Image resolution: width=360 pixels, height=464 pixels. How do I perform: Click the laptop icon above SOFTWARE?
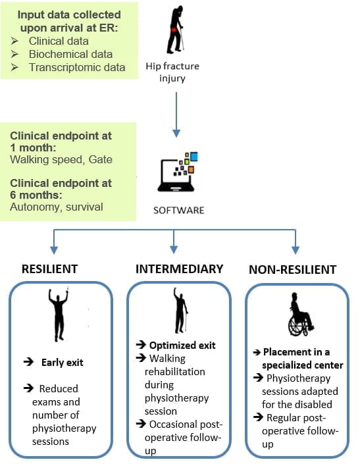178,172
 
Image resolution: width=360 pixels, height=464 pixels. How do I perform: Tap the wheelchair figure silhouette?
300,314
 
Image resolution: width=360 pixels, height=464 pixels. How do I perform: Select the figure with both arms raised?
59,315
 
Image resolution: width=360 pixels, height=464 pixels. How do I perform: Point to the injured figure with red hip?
175,30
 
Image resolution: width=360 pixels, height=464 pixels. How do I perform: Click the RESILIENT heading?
50,269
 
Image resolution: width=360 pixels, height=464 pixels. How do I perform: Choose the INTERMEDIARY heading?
179,269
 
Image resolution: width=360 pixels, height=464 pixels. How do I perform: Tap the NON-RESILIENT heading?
293,270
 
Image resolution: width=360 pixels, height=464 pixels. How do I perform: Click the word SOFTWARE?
178,210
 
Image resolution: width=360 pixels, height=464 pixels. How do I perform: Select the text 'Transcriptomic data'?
77,67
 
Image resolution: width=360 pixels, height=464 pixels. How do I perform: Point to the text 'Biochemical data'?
70,54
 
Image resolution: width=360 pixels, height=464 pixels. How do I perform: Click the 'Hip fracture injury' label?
172,72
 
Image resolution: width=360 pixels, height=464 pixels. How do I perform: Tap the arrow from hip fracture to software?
176,115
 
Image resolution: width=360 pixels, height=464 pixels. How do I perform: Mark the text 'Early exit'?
62,363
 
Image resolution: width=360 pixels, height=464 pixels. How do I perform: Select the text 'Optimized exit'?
182,346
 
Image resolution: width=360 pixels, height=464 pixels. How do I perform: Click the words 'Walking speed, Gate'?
61,159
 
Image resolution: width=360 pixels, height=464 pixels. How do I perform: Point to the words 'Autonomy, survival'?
57,207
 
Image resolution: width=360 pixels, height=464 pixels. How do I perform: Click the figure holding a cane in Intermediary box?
180,310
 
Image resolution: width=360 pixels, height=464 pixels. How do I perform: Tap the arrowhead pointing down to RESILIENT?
54,249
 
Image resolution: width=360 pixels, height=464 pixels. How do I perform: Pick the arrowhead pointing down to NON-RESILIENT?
296,249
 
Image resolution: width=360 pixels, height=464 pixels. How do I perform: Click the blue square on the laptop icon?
193,156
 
